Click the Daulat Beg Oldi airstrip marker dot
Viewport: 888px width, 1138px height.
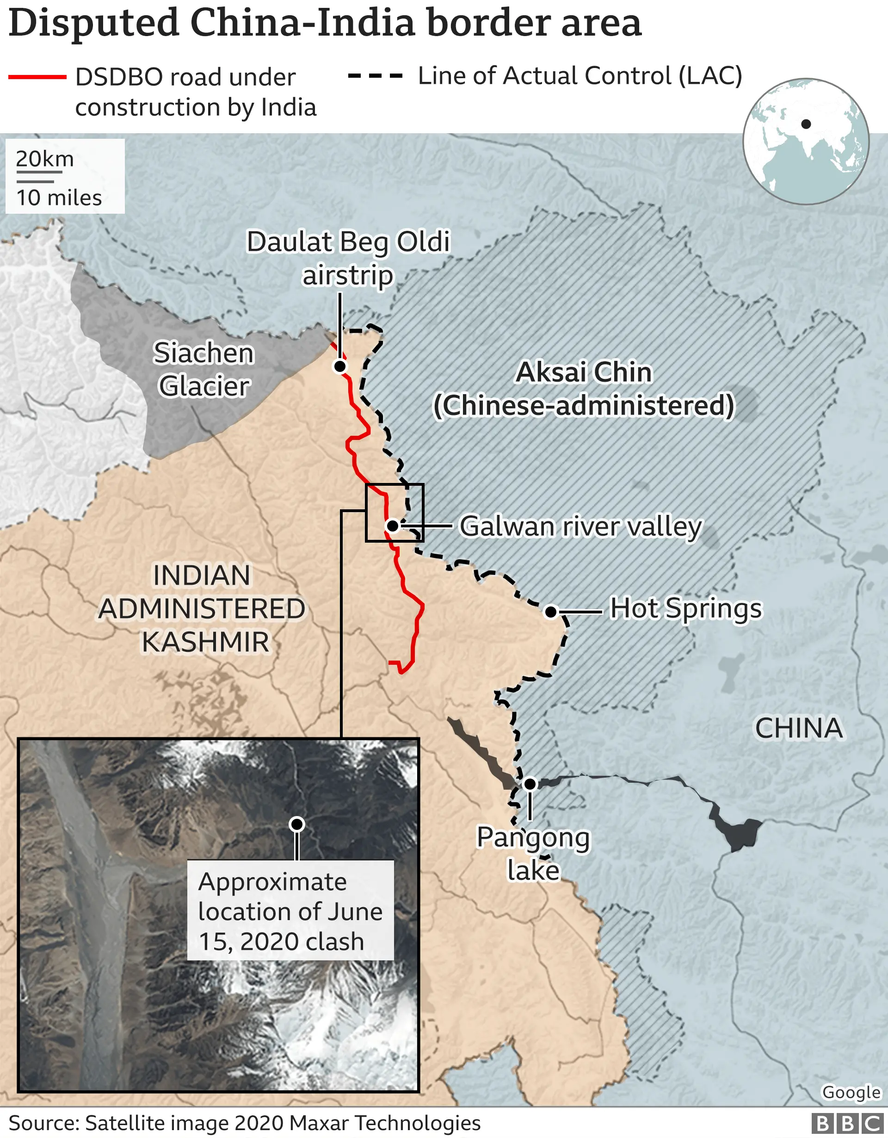tap(339, 366)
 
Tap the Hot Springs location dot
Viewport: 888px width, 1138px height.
tap(550, 612)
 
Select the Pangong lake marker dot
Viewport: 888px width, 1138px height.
tap(530, 783)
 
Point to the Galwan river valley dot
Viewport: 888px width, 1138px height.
tap(393, 526)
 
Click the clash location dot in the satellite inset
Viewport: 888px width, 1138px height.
tap(297, 824)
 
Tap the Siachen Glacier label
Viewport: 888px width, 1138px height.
tap(203, 370)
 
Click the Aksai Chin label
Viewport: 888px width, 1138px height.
tap(584, 389)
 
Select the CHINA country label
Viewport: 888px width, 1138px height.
tap(798, 728)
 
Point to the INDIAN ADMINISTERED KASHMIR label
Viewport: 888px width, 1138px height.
tap(202, 608)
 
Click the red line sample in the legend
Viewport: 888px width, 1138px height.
tap(37, 77)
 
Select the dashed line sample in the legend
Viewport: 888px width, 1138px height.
tap(375, 76)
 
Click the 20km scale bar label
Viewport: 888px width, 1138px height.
tap(45, 160)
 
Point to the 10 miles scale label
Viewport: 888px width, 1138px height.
tap(59, 198)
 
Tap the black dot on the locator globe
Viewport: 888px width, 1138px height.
tap(806, 124)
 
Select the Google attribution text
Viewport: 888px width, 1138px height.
tap(851, 1092)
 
